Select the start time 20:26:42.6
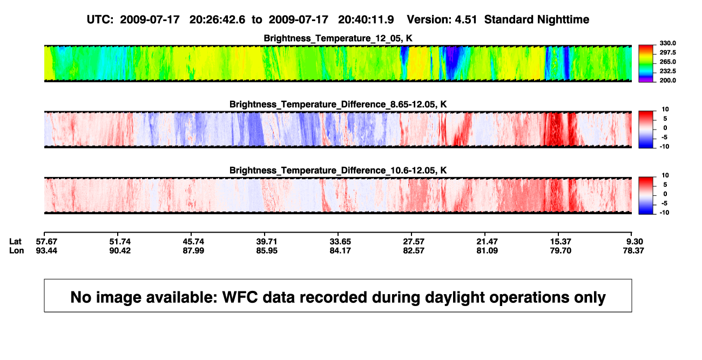(x=217, y=19)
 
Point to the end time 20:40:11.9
(x=366, y=19)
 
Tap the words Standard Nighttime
(x=537, y=19)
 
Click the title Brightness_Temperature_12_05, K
(x=338, y=38)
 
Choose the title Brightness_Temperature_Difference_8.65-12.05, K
(x=338, y=104)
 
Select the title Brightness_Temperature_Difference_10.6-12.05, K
(x=338, y=171)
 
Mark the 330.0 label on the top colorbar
(x=667, y=43)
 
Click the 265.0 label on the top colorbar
(x=667, y=62)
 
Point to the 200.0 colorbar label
(x=667, y=80)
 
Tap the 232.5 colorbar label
(x=667, y=71)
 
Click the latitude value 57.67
(x=46, y=242)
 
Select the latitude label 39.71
(x=267, y=242)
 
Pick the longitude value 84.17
(x=340, y=250)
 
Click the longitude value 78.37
(x=633, y=250)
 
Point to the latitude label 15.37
(x=561, y=242)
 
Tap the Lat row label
(x=15, y=242)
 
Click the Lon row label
(x=17, y=250)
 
